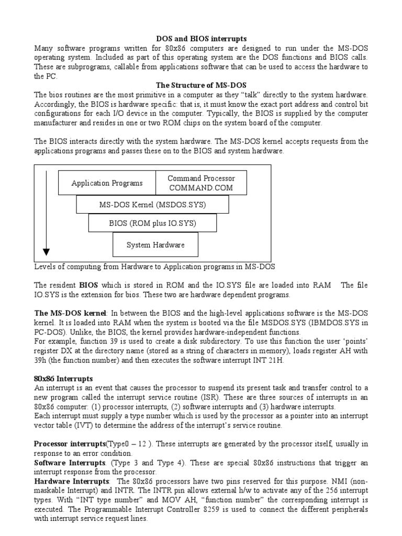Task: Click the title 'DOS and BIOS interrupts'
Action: coord(202,39)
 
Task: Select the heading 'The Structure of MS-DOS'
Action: coord(202,85)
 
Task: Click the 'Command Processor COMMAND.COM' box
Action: coord(202,183)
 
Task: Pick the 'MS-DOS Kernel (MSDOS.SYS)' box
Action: coord(152,205)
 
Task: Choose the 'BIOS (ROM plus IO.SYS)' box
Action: coord(152,223)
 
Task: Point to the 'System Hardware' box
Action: coord(155,244)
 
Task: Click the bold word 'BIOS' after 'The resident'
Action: coord(88,285)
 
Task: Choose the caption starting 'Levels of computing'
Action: coord(154,266)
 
